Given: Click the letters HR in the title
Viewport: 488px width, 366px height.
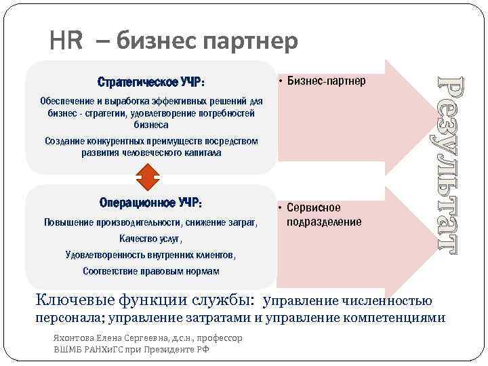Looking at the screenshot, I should point(66,42).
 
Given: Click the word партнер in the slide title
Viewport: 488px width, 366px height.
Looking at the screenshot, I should point(256,42).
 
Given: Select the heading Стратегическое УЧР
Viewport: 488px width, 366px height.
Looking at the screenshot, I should point(150,83).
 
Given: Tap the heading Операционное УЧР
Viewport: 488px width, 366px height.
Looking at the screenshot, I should point(150,203).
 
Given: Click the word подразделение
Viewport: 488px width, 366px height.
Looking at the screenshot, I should point(325,222).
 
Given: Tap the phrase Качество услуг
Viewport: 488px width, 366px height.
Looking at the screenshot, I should point(150,239).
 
